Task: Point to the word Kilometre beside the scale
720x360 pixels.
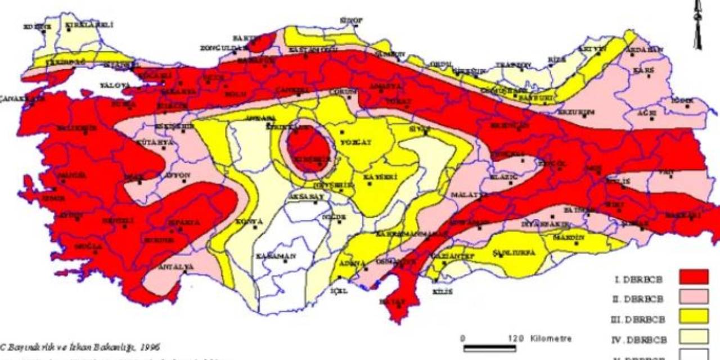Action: tap(551, 339)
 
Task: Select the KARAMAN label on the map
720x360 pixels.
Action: tap(276, 256)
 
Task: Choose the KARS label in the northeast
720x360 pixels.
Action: tap(643, 71)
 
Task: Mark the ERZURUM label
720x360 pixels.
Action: tap(576, 112)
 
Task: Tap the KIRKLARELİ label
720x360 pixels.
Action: tap(82, 25)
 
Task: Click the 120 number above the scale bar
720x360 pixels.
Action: tap(515, 339)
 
